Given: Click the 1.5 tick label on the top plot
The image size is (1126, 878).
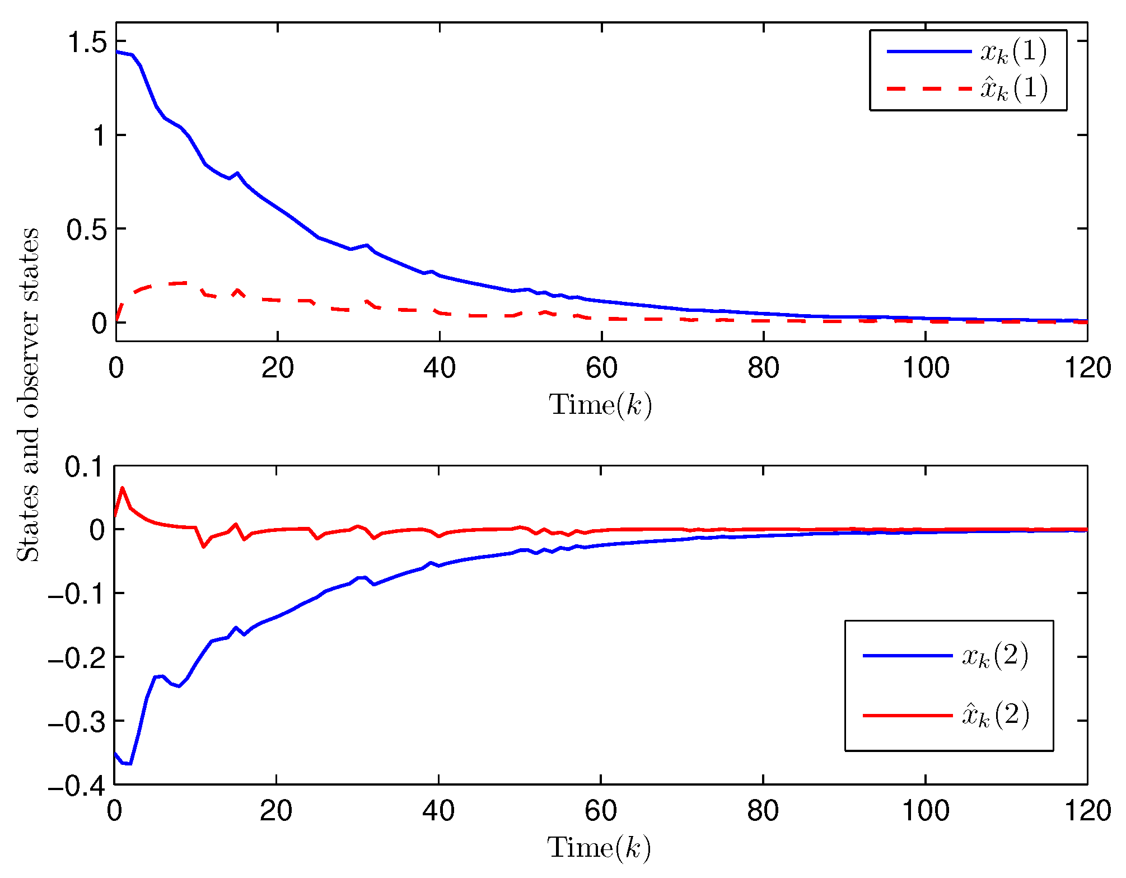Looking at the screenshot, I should pyautogui.click(x=86, y=43).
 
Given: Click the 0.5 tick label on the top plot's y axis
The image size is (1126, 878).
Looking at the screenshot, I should pyautogui.click(x=86, y=230).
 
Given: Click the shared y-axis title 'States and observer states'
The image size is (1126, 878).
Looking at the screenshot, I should pyautogui.click(x=28, y=395).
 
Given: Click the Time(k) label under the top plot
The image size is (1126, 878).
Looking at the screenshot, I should pyautogui.click(x=600, y=404).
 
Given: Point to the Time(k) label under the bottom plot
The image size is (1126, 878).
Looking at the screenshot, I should pyautogui.click(x=599, y=847).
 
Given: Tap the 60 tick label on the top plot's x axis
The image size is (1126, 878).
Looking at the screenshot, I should pyautogui.click(x=601, y=368).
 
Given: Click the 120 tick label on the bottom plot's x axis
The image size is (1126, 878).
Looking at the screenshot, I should pyautogui.click(x=1087, y=811).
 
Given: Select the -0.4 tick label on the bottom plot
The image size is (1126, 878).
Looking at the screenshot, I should pyautogui.click(x=77, y=786).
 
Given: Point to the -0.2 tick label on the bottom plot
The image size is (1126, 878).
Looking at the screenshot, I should pyautogui.click(x=77, y=658).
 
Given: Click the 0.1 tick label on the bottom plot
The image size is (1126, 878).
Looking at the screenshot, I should pyautogui.click(x=85, y=467).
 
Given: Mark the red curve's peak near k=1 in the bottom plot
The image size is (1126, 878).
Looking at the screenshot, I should pyautogui.click(x=122, y=488).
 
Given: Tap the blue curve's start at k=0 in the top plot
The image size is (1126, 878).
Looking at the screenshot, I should pyautogui.click(x=116, y=52).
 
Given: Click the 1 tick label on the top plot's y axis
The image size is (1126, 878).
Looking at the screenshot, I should pyautogui.click(x=99, y=136).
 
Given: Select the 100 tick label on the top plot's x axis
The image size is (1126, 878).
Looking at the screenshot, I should pyautogui.click(x=925, y=368).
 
